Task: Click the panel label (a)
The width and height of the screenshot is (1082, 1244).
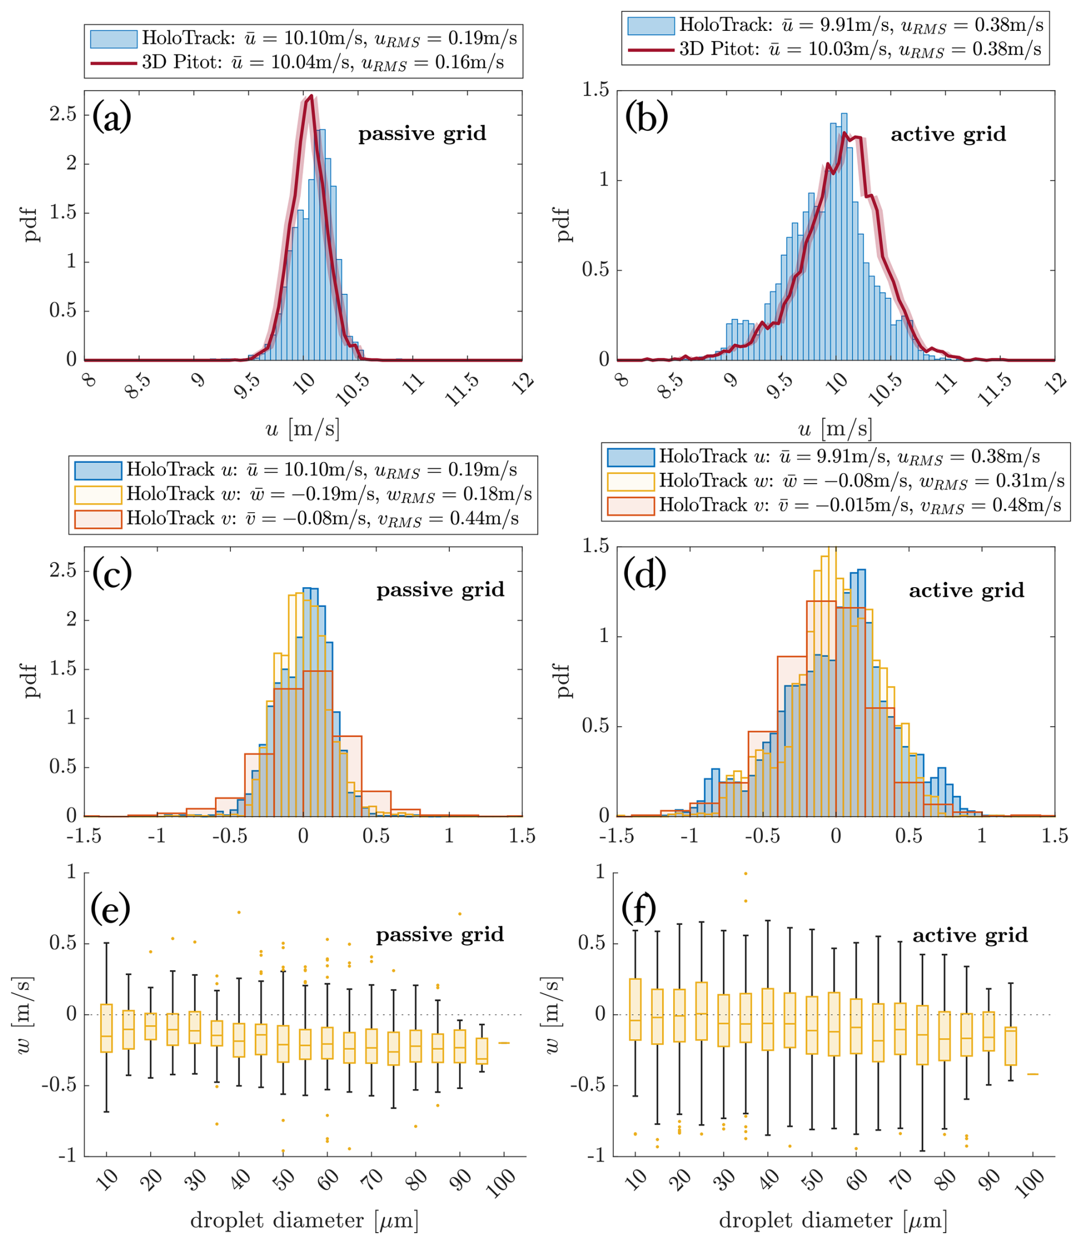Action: tap(112, 118)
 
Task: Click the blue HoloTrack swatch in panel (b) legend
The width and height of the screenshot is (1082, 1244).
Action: tap(651, 25)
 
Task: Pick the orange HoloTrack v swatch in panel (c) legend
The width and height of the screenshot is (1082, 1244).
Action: tap(98, 519)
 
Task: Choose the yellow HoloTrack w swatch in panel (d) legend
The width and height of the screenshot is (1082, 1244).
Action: tap(631, 481)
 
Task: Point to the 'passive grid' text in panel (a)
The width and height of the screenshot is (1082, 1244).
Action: tap(422, 133)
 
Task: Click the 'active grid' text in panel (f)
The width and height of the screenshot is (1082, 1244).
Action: tap(970, 935)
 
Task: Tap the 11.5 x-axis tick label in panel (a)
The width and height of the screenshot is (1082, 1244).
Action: tap(462, 389)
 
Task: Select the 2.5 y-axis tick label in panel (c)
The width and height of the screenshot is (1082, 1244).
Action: tap(63, 571)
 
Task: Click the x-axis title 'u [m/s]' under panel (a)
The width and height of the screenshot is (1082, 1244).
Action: tap(303, 429)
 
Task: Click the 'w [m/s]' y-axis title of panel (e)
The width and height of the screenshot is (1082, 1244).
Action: tap(24, 1015)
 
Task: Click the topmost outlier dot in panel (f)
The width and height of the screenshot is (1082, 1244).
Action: tap(746, 874)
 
